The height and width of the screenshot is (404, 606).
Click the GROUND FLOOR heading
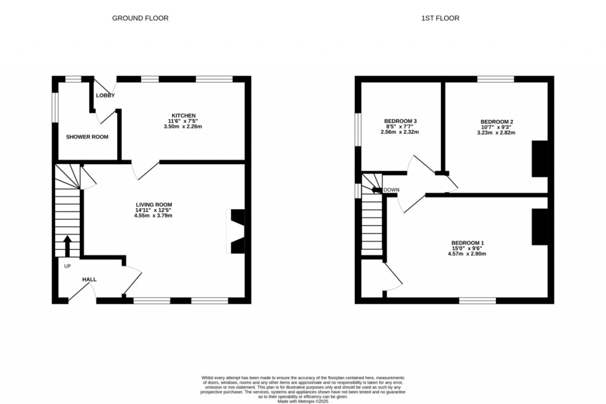point(140,18)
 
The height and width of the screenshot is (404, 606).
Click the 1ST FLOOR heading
point(440,18)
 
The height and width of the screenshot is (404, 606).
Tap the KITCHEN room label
point(183,115)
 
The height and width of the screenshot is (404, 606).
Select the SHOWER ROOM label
point(87,137)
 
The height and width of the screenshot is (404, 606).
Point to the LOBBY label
point(105,95)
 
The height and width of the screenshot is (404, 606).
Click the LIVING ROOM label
point(153,204)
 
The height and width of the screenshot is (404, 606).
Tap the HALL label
point(89,279)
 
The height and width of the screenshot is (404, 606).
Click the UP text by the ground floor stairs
point(67,266)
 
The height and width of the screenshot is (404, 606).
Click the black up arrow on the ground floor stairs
point(67,246)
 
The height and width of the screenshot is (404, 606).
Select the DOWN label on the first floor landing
point(392,190)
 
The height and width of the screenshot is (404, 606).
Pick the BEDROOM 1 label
point(468,243)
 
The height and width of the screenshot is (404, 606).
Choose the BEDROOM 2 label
point(496,121)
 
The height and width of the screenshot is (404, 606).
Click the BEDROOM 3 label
point(399,121)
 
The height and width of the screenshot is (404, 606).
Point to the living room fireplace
point(237,232)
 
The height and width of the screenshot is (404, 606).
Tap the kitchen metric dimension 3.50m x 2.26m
point(183,126)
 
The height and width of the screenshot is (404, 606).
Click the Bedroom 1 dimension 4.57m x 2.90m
point(468,253)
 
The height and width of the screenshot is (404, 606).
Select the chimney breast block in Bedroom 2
point(540,159)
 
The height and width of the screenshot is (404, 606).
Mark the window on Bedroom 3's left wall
point(357,128)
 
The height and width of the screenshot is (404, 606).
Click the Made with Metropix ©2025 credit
point(303,402)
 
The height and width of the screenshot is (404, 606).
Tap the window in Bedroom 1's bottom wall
point(478,301)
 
